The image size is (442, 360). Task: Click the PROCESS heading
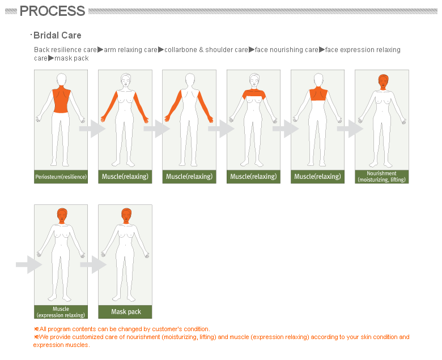(52, 11)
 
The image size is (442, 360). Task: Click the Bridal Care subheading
(57, 36)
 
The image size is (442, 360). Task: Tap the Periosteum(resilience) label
(61, 177)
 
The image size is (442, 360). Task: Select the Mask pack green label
(125, 312)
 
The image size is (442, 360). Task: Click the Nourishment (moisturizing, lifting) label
(381, 177)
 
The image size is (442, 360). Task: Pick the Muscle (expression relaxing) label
(61, 312)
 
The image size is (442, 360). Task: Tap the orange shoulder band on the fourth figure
(253, 94)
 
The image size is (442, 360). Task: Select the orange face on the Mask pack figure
(126, 216)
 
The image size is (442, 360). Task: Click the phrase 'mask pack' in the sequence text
(71, 58)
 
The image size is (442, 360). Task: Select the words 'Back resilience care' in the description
(65, 50)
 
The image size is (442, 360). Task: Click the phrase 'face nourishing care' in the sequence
(287, 50)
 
